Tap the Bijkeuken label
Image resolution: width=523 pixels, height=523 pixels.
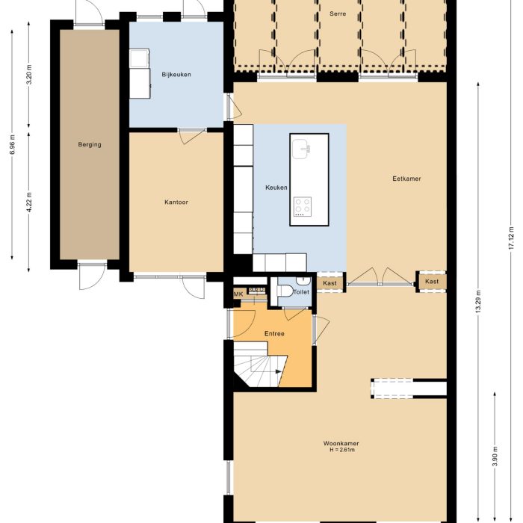[x=176, y=73]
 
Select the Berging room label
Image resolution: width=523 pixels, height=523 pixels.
[x=89, y=145]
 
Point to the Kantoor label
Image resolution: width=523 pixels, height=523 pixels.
[x=176, y=202]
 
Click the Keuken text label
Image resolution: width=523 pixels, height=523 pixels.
[x=276, y=188]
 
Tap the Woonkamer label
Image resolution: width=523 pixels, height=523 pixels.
[x=341, y=443]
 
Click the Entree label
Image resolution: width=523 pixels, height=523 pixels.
[x=275, y=333]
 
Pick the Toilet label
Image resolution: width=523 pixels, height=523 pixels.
[x=301, y=292]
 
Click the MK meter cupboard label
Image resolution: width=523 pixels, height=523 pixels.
[x=238, y=294]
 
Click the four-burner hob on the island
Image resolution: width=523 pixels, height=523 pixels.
[x=303, y=206]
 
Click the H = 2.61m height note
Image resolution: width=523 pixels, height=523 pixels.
[x=341, y=451]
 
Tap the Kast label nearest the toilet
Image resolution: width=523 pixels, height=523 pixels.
[x=329, y=282]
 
